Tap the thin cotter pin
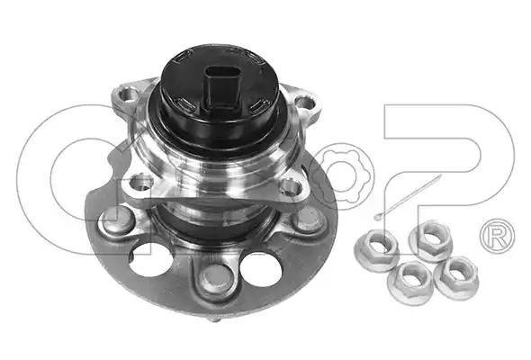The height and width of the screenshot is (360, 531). (408, 197)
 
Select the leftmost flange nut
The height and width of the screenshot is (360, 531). (376, 250)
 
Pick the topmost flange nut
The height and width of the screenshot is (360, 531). (431, 240)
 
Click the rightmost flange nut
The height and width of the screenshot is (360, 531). (456, 277)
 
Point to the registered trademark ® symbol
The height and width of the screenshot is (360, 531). (497, 236)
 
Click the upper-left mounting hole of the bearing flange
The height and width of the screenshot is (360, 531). (129, 94)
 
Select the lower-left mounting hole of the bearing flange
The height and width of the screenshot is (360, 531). (141, 184)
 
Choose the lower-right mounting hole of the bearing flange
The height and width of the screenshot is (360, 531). (291, 188)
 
